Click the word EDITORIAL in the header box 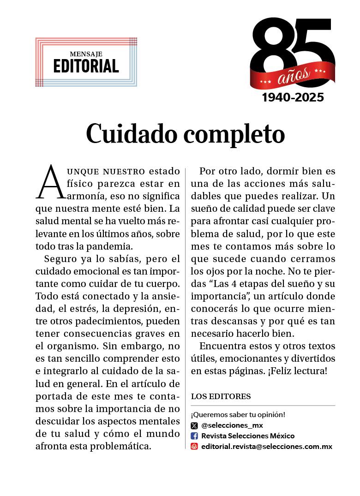(x=86, y=66)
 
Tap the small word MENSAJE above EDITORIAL (x=86, y=54)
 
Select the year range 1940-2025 (x=293, y=98)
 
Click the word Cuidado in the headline (x=131, y=134)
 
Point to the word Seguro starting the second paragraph (x=60, y=258)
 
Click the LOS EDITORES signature (x=221, y=396)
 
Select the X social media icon (x=194, y=425)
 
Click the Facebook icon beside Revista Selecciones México (x=194, y=436)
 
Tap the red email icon (x=194, y=446)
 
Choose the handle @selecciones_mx (x=232, y=425)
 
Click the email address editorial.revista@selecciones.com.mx (x=267, y=446)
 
